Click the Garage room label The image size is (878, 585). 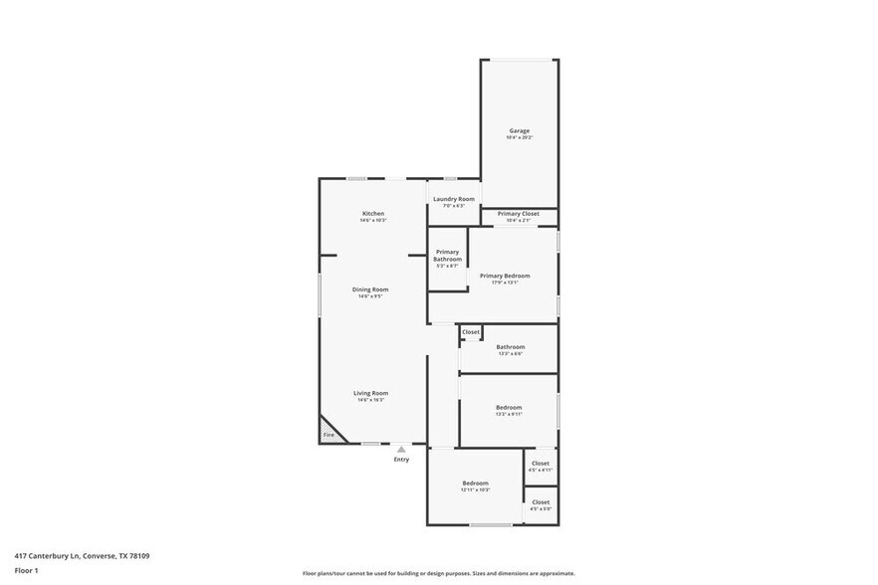519,131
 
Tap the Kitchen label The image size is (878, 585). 372,214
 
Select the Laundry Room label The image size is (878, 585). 453,199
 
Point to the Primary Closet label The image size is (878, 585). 518,214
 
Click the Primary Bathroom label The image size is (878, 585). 447,256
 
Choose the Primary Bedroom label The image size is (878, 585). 504,276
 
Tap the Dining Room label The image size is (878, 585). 369,290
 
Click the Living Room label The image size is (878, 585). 369,393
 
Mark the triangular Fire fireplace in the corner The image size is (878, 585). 329,433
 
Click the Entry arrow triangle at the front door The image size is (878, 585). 401,450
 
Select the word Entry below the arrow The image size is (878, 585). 401,459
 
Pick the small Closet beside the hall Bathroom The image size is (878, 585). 470,332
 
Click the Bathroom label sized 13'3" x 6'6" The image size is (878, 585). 509,347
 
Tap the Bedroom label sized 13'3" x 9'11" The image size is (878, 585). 509,407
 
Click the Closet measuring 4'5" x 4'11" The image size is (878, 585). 540,464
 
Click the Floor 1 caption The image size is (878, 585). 26,570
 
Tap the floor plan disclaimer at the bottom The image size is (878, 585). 438,574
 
